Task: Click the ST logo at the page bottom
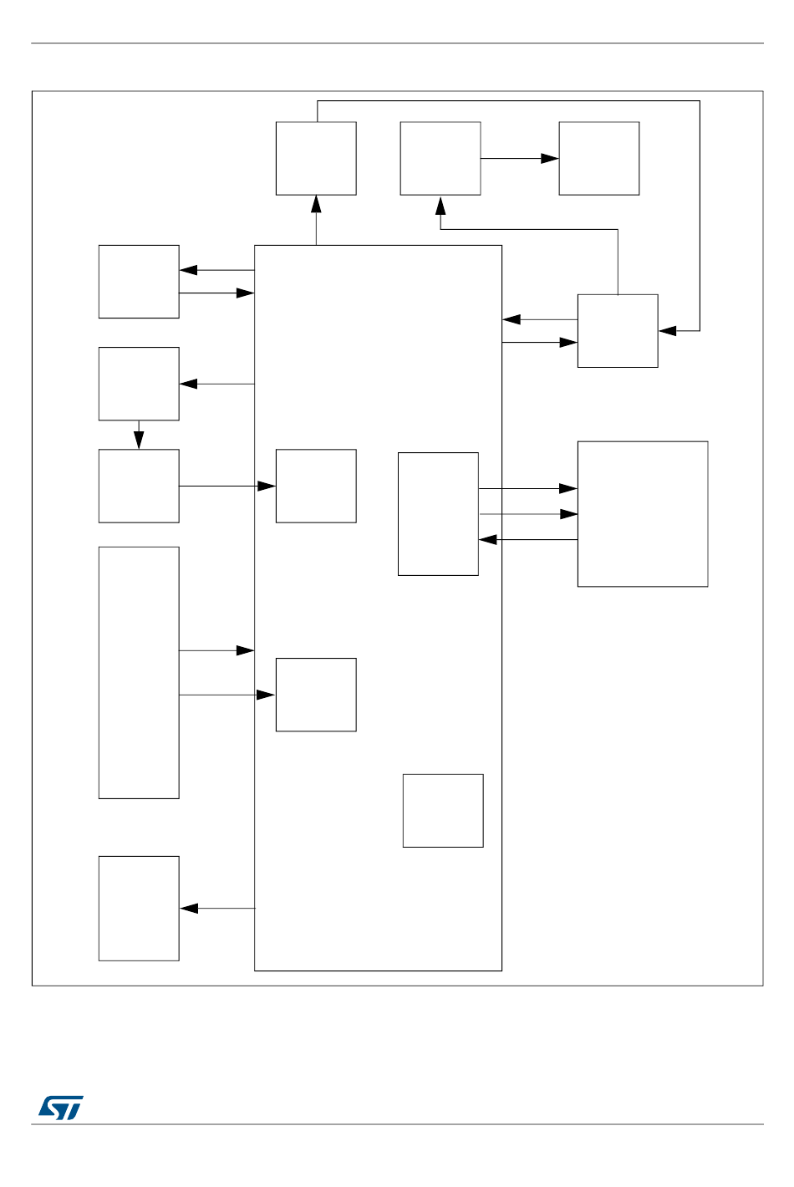coord(60,1108)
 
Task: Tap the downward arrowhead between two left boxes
coord(139,440)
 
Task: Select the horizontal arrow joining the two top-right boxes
coord(519,158)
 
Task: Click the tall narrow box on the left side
coord(139,672)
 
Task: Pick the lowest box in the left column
coord(139,908)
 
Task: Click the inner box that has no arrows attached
coord(443,810)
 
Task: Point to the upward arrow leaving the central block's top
coord(316,220)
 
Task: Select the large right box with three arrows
coord(643,513)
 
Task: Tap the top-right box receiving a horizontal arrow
coord(598,158)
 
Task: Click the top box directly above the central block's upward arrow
coord(316,158)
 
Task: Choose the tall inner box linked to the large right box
coord(438,513)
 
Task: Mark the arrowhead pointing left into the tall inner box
coord(488,540)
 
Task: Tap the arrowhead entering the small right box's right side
coord(668,331)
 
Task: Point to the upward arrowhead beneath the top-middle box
coord(440,206)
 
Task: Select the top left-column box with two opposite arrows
coord(139,281)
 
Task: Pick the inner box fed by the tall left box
coord(316,694)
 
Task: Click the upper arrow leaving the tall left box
coord(216,650)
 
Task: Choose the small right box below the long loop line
coord(618,330)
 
